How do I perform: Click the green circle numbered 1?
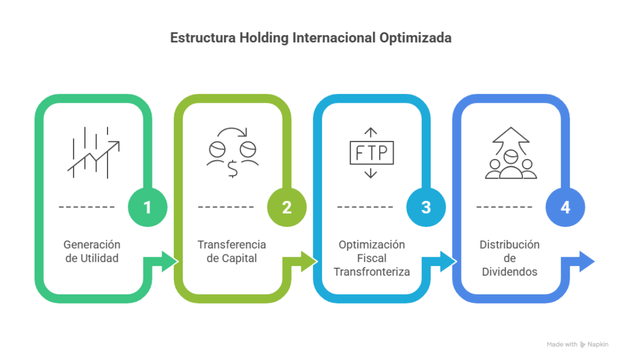[147, 207]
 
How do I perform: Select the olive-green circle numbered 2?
[287, 207]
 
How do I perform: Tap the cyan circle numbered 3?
[426, 207]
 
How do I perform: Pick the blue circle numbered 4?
[566, 207]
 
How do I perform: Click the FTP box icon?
[372, 153]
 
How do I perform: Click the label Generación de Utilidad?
[92, 251]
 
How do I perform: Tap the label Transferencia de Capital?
[231, 251]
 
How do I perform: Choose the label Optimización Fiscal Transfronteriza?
[371, 258]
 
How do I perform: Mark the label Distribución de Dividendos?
[510, 258]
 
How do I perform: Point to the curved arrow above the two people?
[232, 132]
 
